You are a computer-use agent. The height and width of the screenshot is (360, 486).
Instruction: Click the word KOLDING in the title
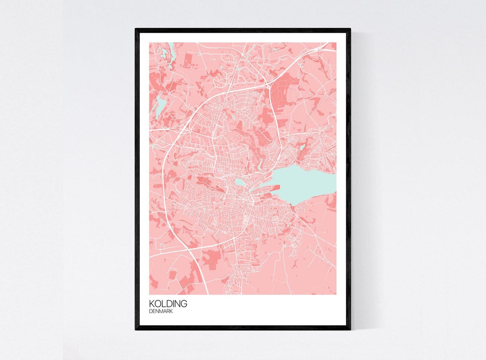pos(168,304)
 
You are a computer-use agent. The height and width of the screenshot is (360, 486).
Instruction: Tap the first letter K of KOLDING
pos(152,304)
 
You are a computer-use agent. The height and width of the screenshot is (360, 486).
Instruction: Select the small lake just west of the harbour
pos(240,183)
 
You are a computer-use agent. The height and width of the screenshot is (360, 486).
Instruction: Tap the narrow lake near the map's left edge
pos(160,106)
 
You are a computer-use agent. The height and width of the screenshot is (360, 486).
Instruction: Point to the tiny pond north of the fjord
pos(302,147)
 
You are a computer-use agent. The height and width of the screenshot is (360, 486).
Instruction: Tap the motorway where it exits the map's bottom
pos(207,293)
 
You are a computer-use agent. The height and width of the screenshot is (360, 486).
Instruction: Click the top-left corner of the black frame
pos(136,29)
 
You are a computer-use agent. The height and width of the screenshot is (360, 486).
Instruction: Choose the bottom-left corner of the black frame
pos(136,329)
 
